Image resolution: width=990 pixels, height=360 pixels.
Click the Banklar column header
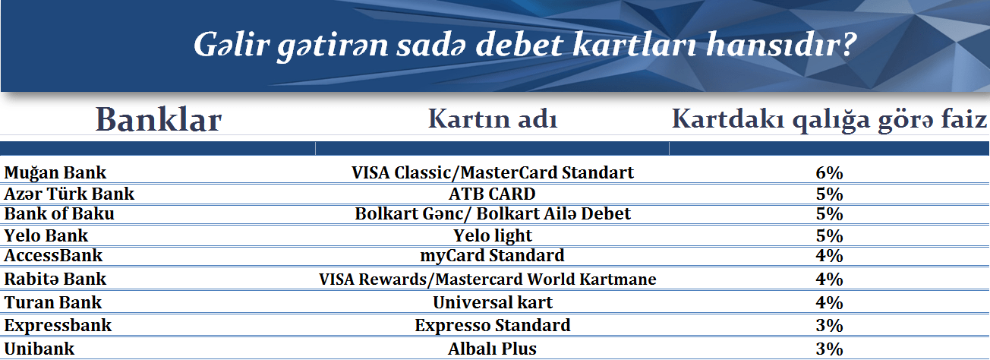click(x=158, y=120)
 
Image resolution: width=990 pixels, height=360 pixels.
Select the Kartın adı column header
click(x=493, y=119)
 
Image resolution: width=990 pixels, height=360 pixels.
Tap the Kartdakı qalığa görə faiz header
click(x=829, y=120)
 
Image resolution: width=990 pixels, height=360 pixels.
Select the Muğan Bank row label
click(x=55, y=173)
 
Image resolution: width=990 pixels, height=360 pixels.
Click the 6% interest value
click(x=829, y=173)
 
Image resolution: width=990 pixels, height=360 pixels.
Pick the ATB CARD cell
click(x=492, y=194)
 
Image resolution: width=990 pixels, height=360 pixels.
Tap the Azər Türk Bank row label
click(x=69, y=194)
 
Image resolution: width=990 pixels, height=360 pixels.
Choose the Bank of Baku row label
click(x=59, y=213)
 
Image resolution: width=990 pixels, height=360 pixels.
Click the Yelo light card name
click(x=493, y=236)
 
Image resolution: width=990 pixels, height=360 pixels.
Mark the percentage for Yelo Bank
click(x=829, y=235)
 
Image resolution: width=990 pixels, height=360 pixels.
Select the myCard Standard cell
click(x=492, y=256)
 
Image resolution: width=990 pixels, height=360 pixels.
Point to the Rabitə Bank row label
click(x=55, y=279)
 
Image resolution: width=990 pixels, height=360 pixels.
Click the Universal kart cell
click(x=493, y=302)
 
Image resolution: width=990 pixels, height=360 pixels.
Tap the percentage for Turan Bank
click(x=829, y=303)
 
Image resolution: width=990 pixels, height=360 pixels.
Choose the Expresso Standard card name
click(x=493, y=326)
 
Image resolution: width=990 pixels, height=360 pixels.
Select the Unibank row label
click(x=39, y=349)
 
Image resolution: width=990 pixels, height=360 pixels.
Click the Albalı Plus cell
click(x=492, y=349)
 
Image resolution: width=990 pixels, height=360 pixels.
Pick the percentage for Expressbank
click(x=829, y=326)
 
